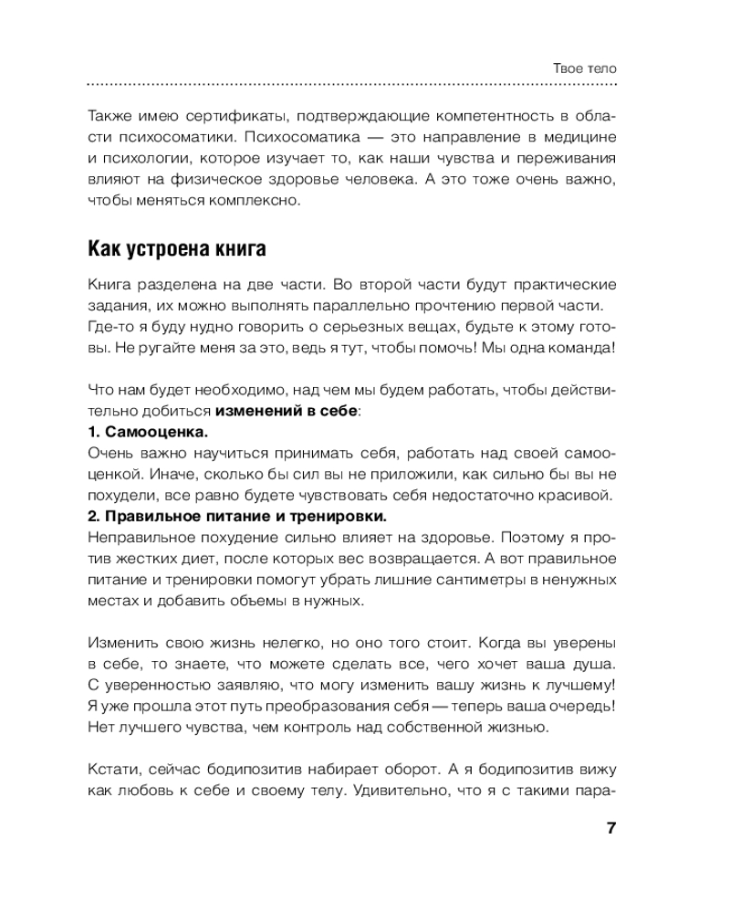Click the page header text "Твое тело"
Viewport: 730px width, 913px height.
point(585,68)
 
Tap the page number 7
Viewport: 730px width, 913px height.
point(611,828)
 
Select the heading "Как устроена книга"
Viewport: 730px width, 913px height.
point(176,247)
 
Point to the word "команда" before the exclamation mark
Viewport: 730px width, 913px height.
point(581,347)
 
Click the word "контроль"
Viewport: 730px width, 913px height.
point(332,727)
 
